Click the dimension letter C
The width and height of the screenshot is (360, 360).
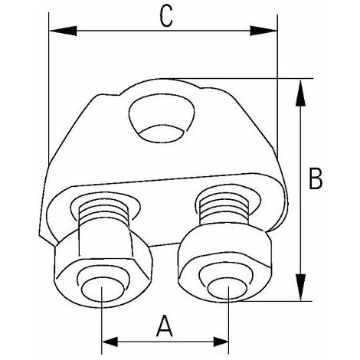(166, 17)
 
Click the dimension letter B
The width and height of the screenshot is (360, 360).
(316, 178)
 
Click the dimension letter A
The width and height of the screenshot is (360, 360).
(164, 326)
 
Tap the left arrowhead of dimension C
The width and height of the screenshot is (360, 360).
(63, 31)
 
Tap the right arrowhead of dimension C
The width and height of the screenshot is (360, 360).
(263, 31)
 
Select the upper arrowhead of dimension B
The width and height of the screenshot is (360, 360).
(300, 93)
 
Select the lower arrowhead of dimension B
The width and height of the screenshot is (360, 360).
(300, 287)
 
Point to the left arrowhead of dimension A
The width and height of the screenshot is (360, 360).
(110, 342)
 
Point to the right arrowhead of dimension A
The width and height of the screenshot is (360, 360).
(221, 342)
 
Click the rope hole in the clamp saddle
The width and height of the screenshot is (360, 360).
(162, 118)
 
